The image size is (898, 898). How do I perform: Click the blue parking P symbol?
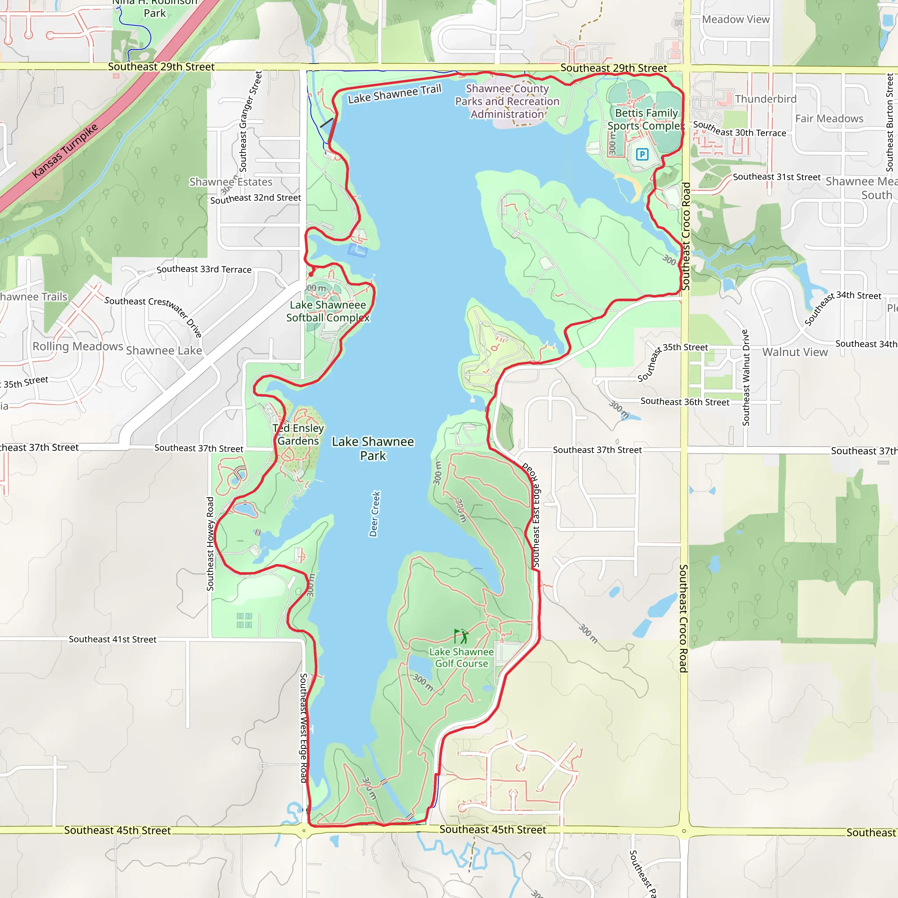(642, 154)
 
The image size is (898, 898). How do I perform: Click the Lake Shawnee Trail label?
(394, 94)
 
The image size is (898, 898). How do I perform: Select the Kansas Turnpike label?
(65, 150)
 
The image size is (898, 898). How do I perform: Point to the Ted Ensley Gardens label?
(299, 434)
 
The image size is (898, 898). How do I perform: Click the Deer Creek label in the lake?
(374, 513)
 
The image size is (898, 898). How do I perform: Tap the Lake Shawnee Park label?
(373, 449)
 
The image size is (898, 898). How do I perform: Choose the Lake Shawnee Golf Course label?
(461, 658)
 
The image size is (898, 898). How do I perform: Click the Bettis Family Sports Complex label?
(646, 119)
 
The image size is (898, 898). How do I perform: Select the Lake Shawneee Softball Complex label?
(328, 311)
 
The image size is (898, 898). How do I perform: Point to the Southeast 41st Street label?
(113, 640)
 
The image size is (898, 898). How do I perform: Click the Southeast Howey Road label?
(210, 544)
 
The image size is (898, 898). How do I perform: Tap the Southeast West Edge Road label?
(303, 728)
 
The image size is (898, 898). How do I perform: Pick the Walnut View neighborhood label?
(795, 353)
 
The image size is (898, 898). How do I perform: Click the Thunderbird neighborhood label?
(766, 99)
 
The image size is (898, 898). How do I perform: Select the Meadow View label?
(736, 20)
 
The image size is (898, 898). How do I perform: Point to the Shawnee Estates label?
(231, 182)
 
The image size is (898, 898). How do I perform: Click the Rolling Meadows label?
(78, 346)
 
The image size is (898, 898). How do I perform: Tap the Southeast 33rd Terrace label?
(203, 270)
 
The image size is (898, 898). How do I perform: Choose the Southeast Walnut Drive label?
(746, 378)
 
